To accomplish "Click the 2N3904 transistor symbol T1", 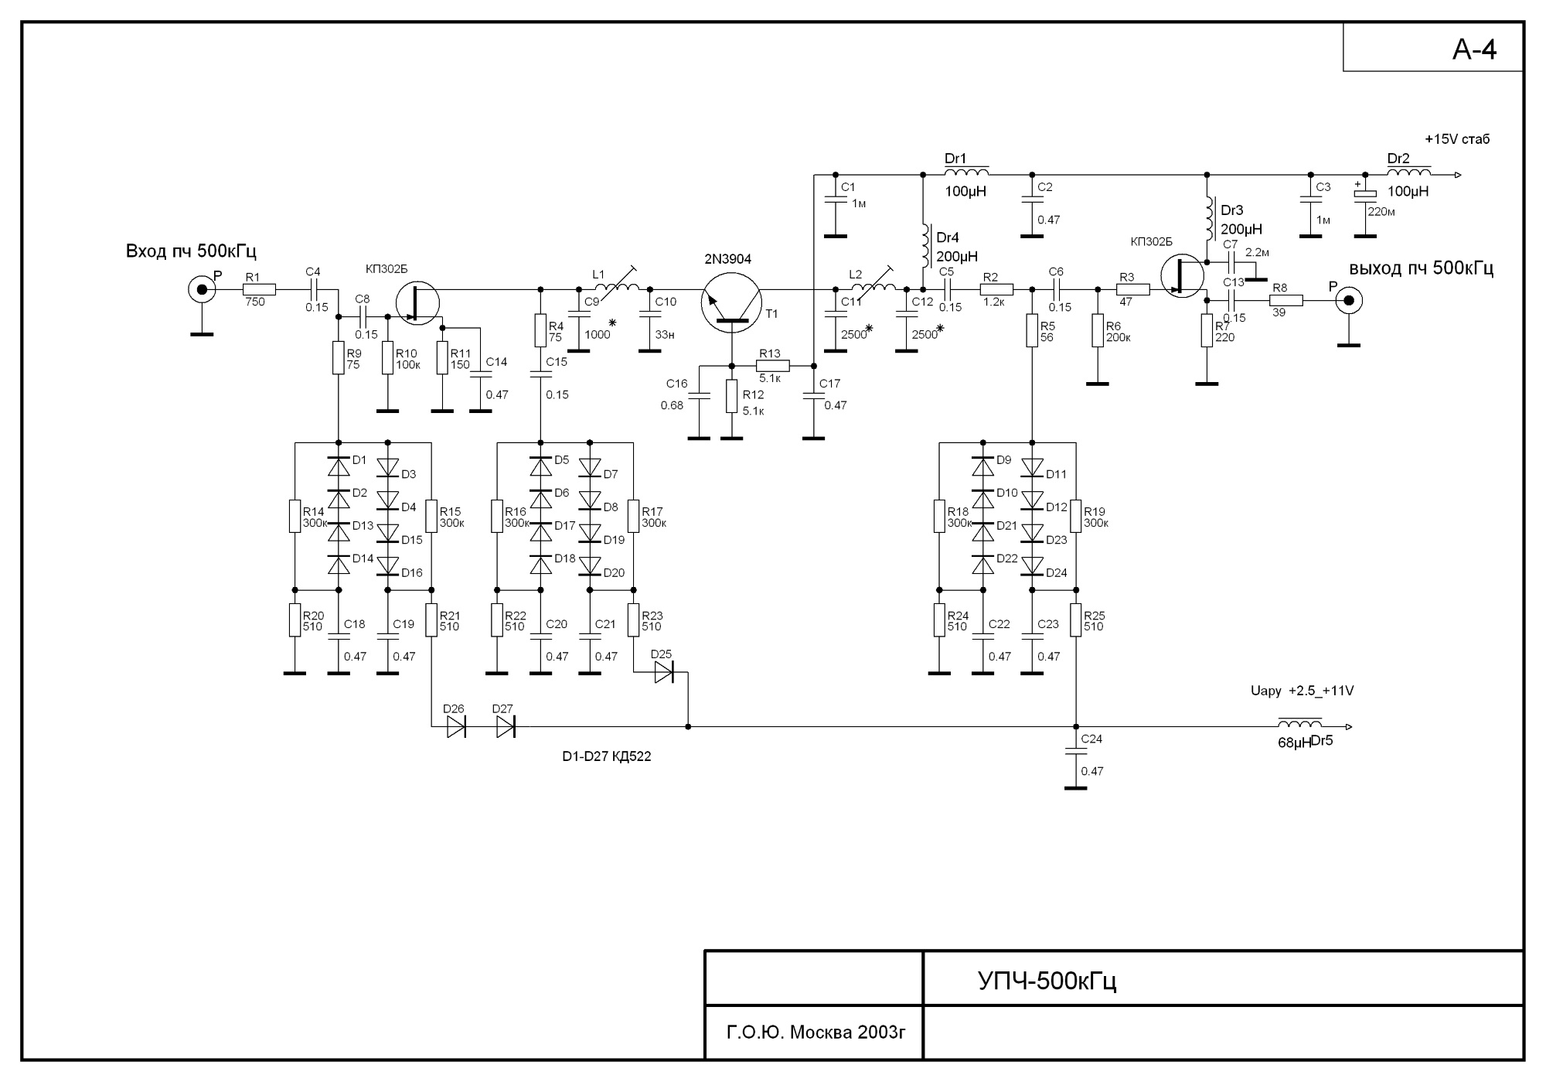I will [x=731, y=302].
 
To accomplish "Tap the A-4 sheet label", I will [x=1474, y=49].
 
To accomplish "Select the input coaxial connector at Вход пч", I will [x=202, y=290].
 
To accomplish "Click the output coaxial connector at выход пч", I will [x=1348, y=301].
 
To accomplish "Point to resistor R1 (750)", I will [x=259, y=290].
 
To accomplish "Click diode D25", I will [x=663, y=673].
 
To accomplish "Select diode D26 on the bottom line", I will [x=456, y=727].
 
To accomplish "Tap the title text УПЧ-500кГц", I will [x=1047, y=981].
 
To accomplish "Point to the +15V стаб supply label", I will [x=1456, y=139].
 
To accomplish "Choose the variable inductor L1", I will [x=618, y=288].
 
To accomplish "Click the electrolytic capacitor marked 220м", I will [x=1365, y=195].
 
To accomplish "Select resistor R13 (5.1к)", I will [x=773, y=366].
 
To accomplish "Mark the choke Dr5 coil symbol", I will [x=1299, y=725].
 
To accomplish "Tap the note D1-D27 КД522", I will [x=606, y=756].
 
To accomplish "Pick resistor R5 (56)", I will [x=1032, y=330].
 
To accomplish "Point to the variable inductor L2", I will [x=873, y=288].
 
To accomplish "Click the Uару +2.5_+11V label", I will [x=1302, y=691].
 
